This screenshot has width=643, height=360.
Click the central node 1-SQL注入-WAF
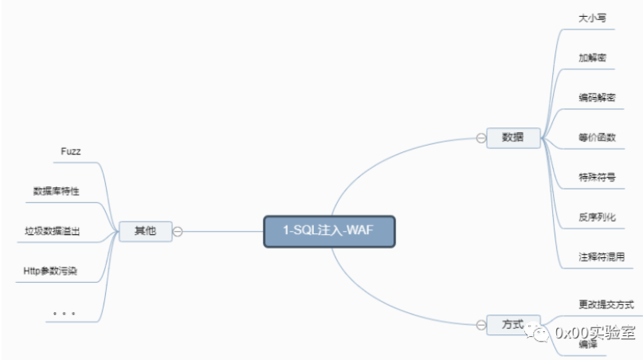click(x=328, y=231)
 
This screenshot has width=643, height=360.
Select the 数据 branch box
click(x=512, y=137)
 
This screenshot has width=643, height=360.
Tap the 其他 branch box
click(x=145, y=231)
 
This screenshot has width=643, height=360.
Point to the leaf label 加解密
click(x=593, y=57)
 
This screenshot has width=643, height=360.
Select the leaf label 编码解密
click(x=597, y=97)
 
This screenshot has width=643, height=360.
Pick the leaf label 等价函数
click(x=597, y=137)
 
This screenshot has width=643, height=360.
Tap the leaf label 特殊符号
click(x=597, y=177)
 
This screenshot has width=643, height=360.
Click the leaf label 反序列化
click(x=597, y=217)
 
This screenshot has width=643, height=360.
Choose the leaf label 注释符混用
click(x=601, y=256)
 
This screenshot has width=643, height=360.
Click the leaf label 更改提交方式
click(x=606, y=304)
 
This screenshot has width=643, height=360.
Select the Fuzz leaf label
click(x=71, y=151)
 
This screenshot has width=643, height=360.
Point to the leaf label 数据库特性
click(x=57, y=191)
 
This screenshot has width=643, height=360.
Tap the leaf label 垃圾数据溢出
click(x=53, y=231)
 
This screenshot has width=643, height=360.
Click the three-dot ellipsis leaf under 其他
click(x=64, y=313)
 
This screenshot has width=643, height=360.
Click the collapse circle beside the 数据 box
click(x=481, y=137)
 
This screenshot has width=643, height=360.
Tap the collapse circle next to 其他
click(x=178, y=231)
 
